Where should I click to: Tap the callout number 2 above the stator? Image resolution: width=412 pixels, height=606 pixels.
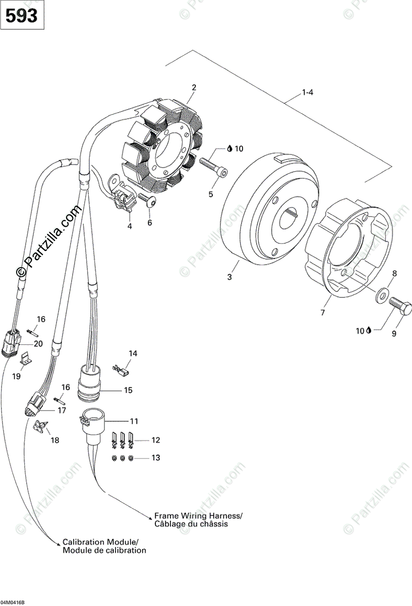(x=194, y=87)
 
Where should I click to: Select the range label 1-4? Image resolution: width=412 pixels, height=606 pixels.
(x=308, y=92)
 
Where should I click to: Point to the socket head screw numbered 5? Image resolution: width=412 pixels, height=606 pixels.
(x=214, y=168)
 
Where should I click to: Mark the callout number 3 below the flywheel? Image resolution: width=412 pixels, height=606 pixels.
(x=230, y=277)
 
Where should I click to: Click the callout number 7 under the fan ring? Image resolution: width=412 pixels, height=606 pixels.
(x=322, y=313)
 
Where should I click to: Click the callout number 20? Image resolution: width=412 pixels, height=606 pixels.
(x=38, y=343)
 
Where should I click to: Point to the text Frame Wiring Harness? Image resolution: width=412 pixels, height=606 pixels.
(x=198, y=516)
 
